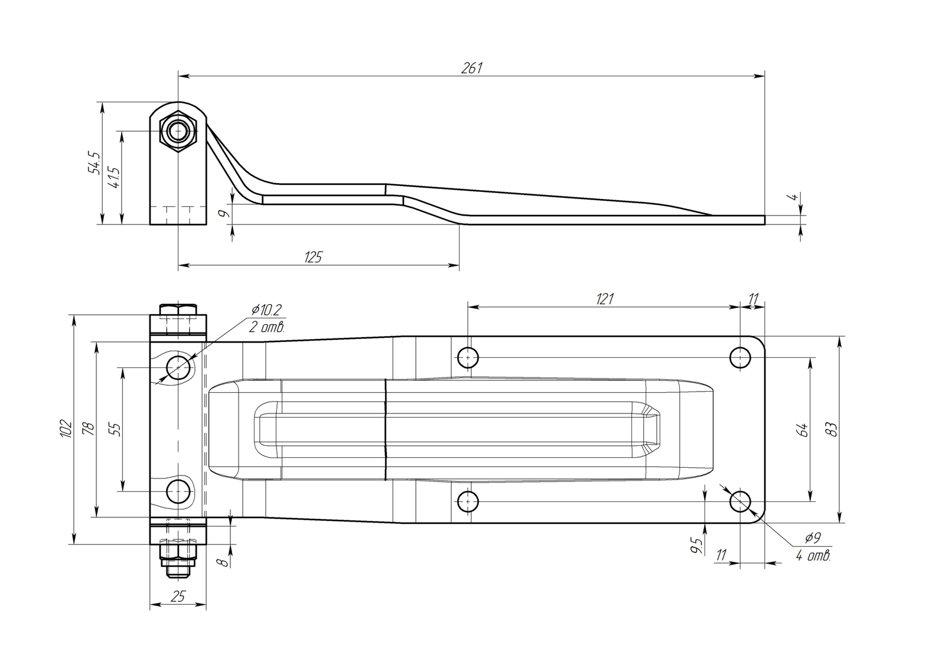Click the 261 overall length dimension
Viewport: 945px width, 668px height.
pos(471,68)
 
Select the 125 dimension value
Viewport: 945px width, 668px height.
pos(313,257)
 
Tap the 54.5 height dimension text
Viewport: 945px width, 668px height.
pos(94,162)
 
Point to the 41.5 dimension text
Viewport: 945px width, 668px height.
pos(114,177)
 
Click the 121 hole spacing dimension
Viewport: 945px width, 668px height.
pos(605,299)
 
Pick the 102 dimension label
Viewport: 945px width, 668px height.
pos(66,428)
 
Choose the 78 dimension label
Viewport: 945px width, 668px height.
pos(89,428)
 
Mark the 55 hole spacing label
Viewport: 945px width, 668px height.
pos(115,429)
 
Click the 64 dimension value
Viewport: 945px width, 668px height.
pos(803,429)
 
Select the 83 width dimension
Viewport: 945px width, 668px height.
pos(832,429)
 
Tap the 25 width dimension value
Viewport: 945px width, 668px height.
pos(178,597)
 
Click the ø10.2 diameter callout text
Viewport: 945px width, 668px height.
pos(266,310)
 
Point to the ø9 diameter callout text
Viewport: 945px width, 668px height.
pos(812,537)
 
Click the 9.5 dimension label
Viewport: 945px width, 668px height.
pos(698,546)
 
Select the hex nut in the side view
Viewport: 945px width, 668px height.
pos(178,131)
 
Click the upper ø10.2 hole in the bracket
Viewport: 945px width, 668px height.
pos(178,367)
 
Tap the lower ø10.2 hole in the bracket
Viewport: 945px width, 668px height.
pos(178,491)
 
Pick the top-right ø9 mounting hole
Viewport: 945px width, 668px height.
pos(741,357)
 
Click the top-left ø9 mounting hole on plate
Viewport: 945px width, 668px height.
pos(468,357)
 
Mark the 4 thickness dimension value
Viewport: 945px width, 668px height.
pos(794,197)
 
